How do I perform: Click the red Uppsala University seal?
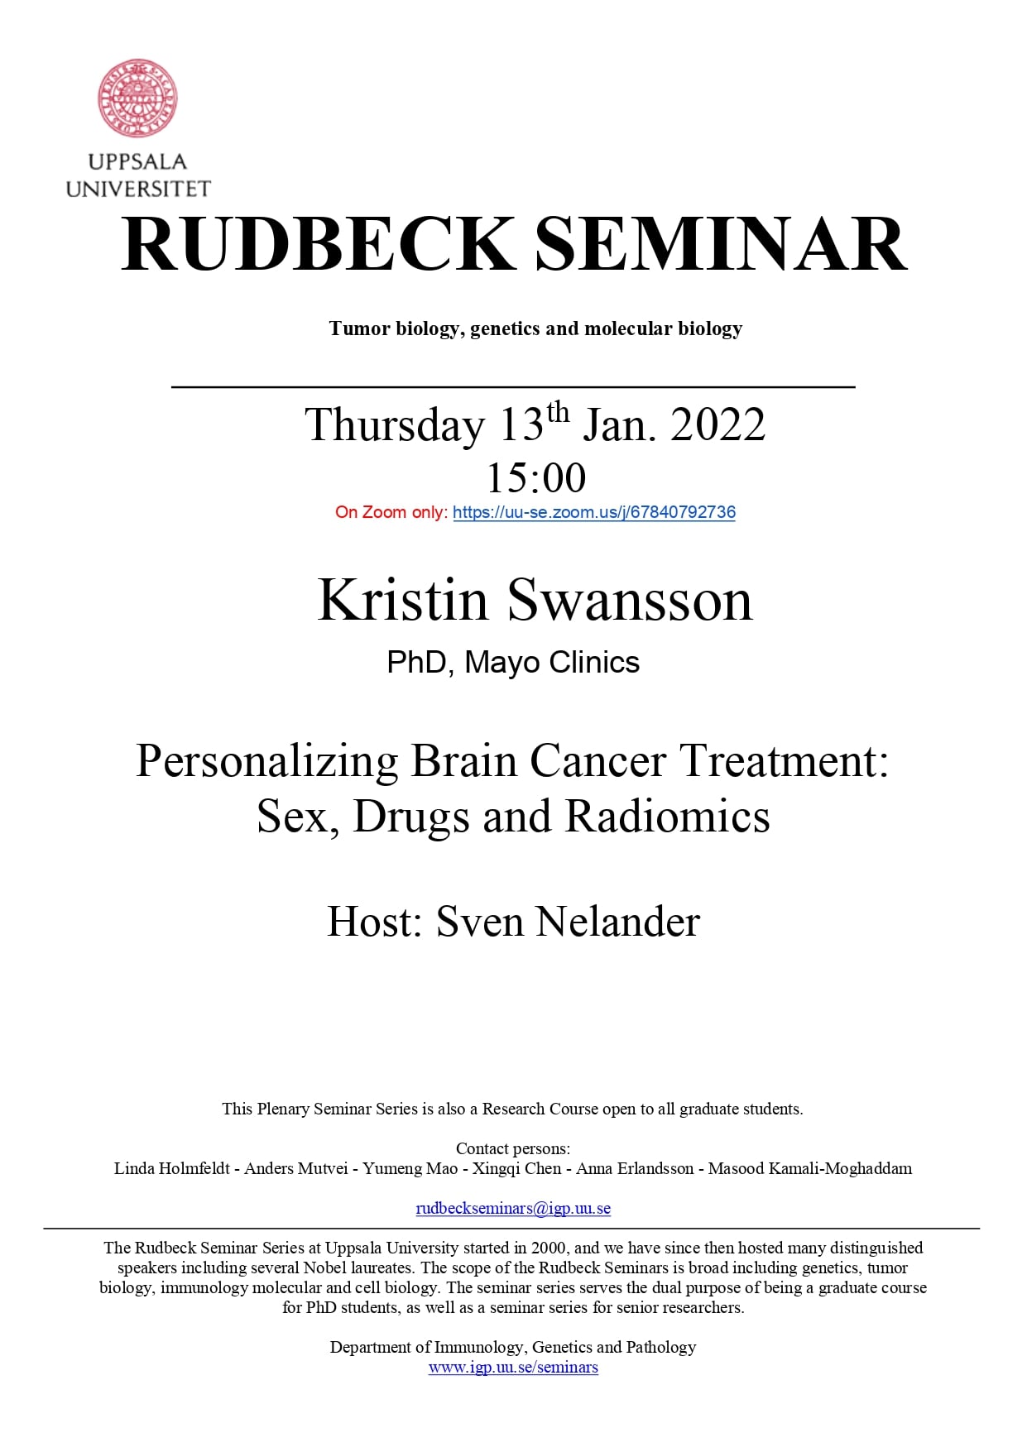coord(138,98)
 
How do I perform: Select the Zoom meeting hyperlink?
coord(594,512)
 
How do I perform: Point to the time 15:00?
coord(536,477)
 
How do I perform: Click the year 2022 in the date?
coord(717,424)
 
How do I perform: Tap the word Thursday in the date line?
coord(395,426)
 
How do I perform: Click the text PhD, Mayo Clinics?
coord(513,663)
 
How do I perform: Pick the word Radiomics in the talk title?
coord(667,816)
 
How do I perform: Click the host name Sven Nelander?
coord(568,922)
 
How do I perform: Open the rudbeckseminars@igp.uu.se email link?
coord(513,1208)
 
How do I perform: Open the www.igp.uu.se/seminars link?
coord(513,1367)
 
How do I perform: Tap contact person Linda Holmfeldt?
coord(172,1168)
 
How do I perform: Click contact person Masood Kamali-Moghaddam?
coord(810,1168)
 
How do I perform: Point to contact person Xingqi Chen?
coord(516,1168)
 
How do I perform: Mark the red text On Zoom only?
coord(391,512)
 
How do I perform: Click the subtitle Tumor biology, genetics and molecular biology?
coord(535,328)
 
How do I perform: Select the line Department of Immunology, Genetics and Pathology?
coord(513,1347)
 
